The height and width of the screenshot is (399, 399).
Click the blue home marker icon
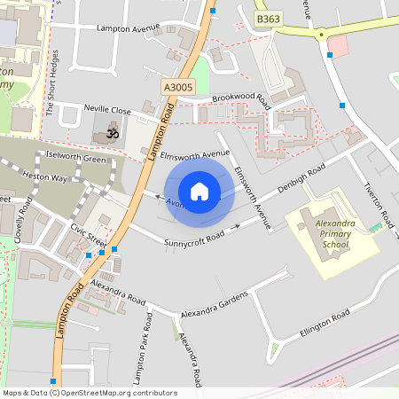pyautogui.click(x=199, y=192)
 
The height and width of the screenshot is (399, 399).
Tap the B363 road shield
pyautogui.click(x=267, y=19)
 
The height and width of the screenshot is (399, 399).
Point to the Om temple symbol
pyautogui.click(x=111, y=134)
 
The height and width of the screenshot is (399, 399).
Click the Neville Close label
pyautogui.click(x=107, y=111)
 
